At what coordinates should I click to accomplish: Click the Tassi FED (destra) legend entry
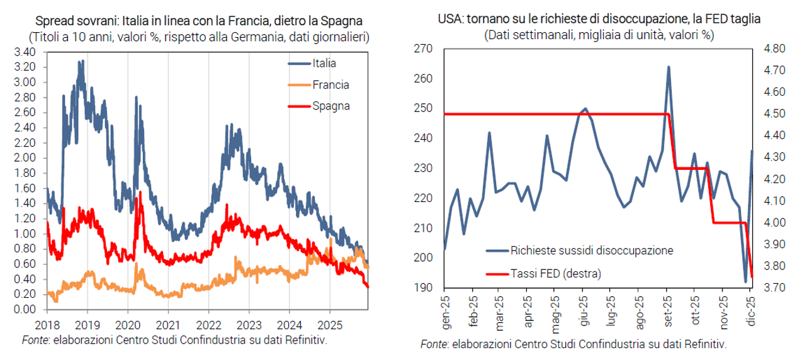click(557, 274)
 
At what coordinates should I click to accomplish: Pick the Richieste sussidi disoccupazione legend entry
click(592, 250)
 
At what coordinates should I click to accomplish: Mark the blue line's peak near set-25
click(668, 67)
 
